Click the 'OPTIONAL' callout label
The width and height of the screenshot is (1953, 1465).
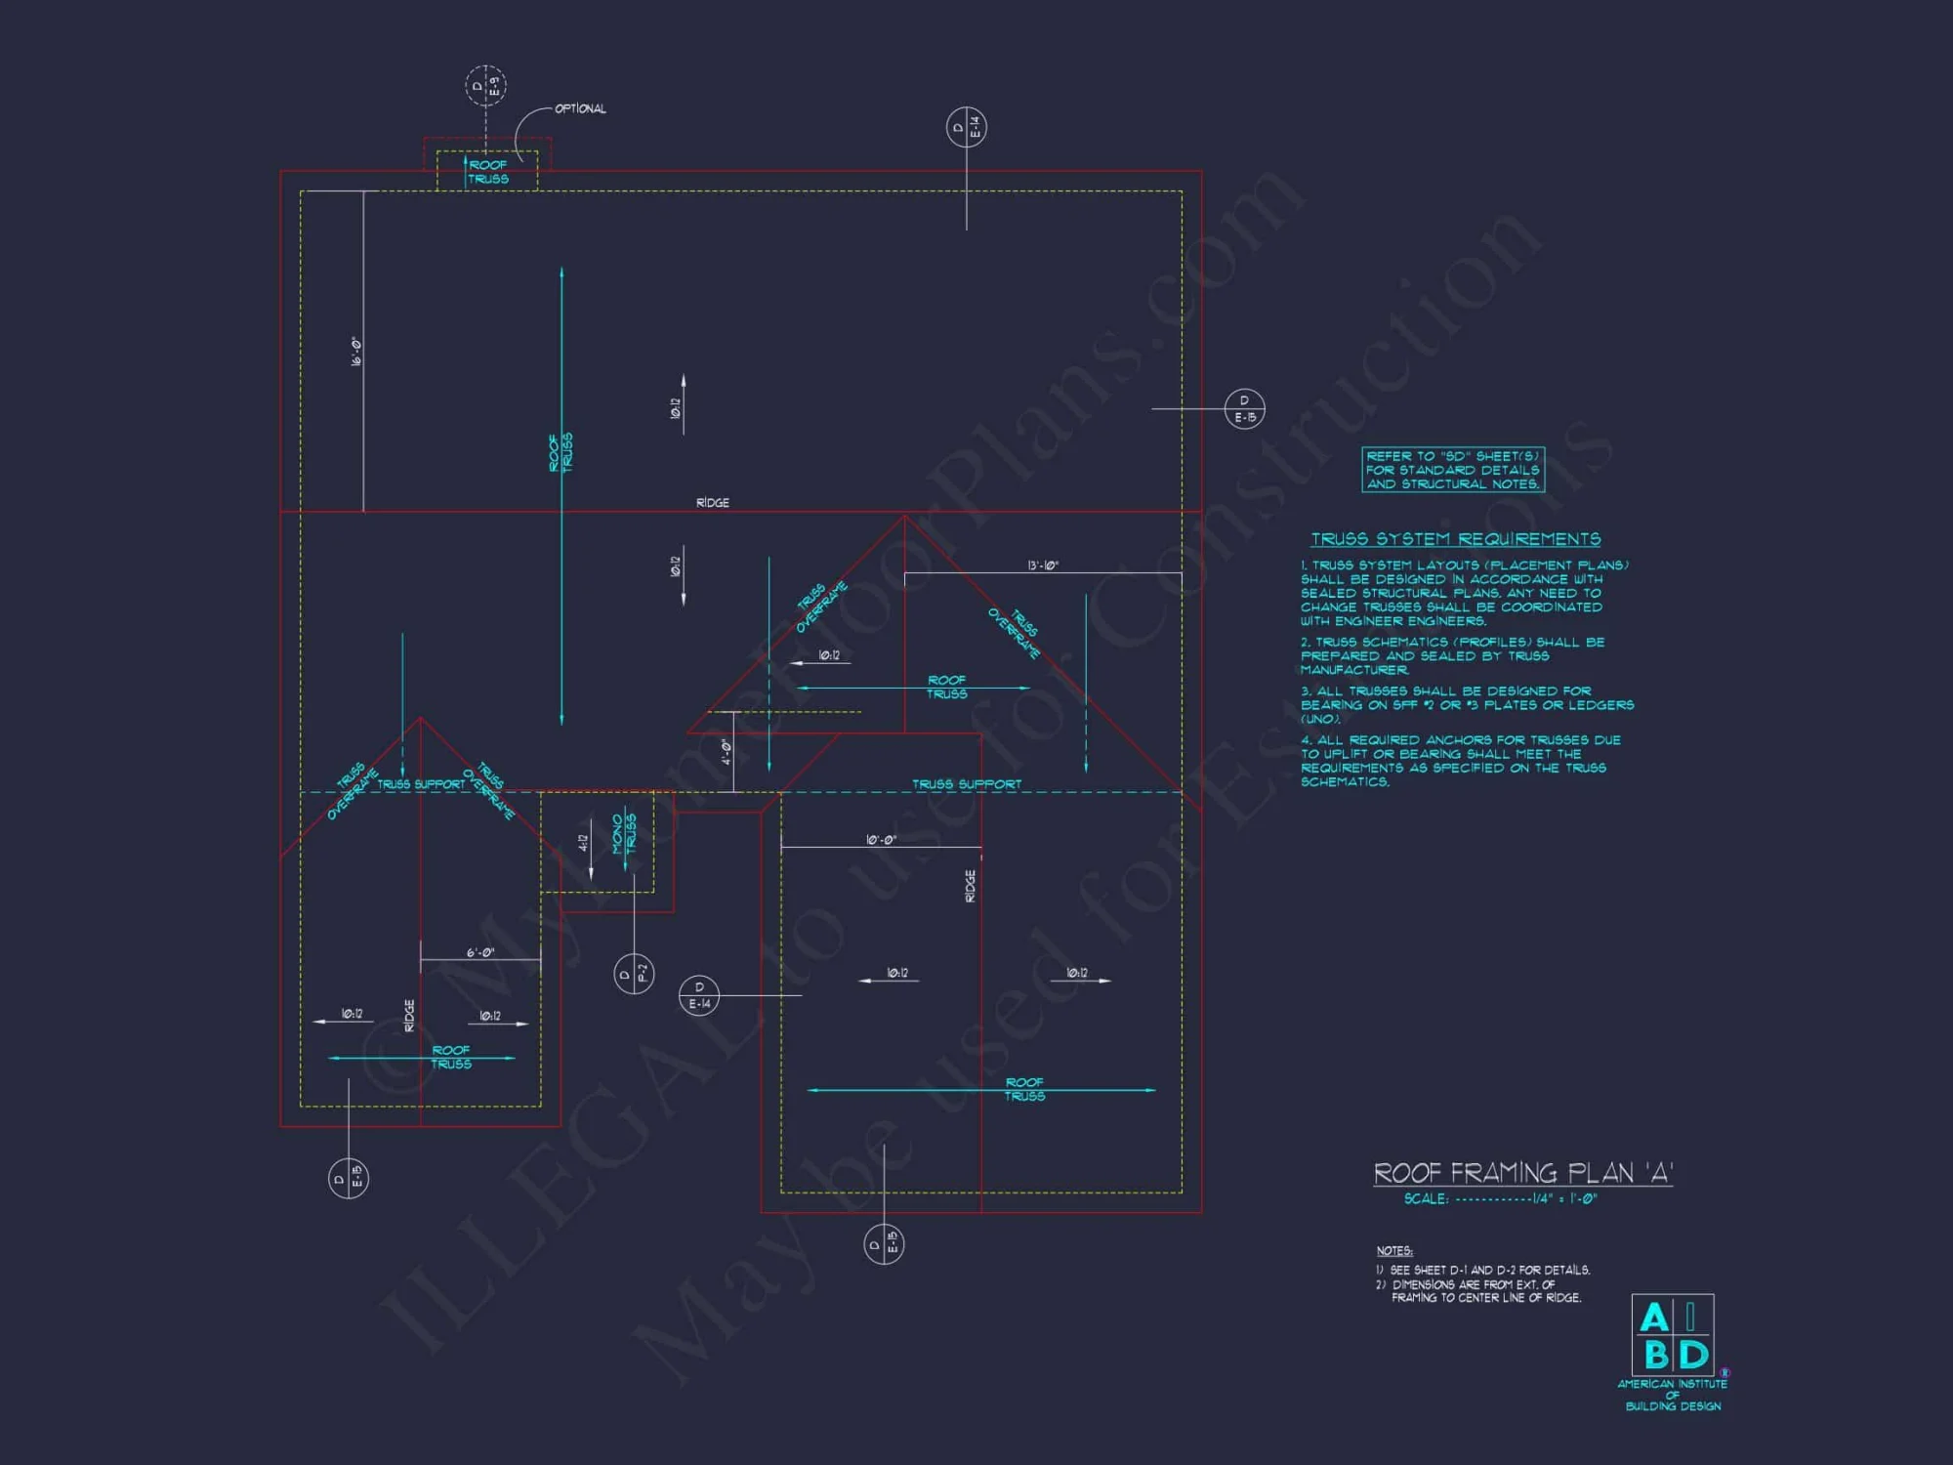coord(580,108)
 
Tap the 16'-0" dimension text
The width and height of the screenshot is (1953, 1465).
coord(356,352)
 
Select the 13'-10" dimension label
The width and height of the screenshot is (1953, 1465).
coord(1042,565)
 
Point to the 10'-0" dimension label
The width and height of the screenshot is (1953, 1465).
coord(881,840)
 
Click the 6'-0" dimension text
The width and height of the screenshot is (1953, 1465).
coord(480,952)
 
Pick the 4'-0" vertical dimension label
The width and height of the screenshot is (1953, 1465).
coord(727,752)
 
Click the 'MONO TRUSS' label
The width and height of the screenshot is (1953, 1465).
coord(624,833)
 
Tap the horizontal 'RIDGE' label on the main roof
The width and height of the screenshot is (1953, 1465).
coord(713,502)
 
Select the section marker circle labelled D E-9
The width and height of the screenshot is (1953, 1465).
coord(485,86)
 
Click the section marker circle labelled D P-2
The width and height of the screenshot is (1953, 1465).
coord(634,974)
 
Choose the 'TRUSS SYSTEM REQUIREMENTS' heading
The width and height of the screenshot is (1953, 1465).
coord(1455,539)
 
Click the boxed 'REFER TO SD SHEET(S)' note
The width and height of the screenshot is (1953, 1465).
coord(1453,470)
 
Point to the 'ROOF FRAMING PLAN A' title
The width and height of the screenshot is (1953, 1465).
coord(1522,1173)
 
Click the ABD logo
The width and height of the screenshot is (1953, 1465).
coord(1673,1335)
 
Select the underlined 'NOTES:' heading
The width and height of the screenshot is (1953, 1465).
coord(1394,1251)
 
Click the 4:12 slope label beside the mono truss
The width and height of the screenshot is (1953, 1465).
coord(584,842)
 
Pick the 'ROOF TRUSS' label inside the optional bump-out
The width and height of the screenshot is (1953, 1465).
coord(488,172)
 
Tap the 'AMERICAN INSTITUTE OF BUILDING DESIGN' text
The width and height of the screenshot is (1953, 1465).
coord(1673,1395)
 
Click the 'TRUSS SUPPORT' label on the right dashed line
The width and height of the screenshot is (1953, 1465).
coord(967,784)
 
